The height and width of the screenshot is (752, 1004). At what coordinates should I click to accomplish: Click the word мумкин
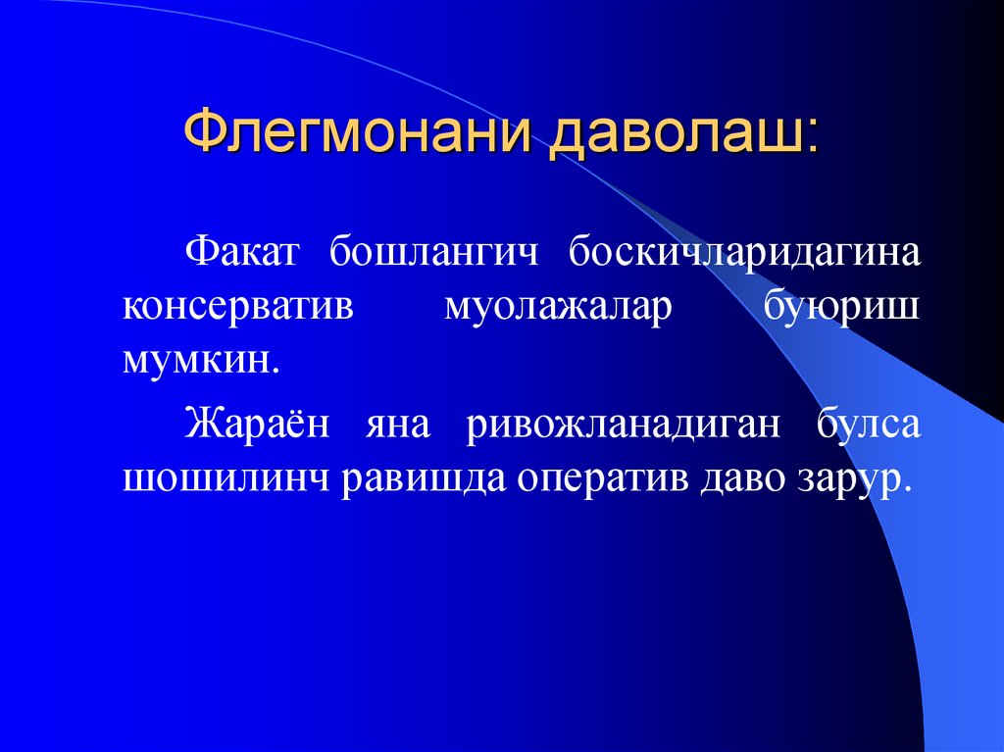(195, 359)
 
